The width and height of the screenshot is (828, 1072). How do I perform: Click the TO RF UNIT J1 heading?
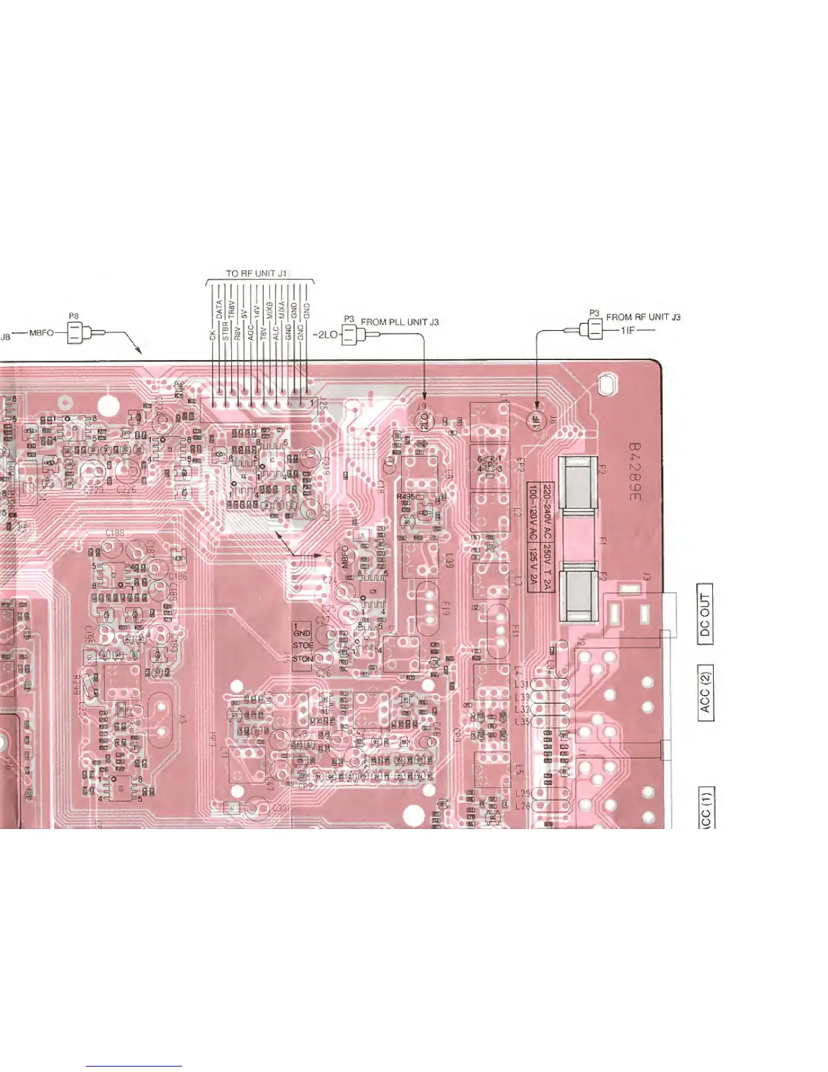(256, 273)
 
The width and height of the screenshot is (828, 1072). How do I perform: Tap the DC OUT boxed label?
(705, 615)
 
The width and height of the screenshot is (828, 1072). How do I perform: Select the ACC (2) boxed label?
(705, 693)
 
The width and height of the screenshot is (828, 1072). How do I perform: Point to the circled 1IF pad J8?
(536, 420)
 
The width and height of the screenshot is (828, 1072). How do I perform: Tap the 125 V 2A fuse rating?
(534, 568)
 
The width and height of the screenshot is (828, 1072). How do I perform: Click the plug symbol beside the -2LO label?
(349, 334)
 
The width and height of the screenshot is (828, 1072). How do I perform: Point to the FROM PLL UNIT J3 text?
(400, 322)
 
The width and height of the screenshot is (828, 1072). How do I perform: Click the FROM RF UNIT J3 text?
(643, 317)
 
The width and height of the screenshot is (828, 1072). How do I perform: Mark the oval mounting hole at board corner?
(605, 385)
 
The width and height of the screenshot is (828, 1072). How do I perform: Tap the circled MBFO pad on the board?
(344, 558)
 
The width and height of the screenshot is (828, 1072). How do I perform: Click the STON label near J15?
(303, 658)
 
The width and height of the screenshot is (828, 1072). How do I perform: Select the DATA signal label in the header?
(219, 310)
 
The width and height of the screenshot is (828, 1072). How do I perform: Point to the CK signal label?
(212, 336)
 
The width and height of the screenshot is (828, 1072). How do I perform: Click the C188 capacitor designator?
(115, 533)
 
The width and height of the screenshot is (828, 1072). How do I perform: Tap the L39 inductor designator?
(450, 560)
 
